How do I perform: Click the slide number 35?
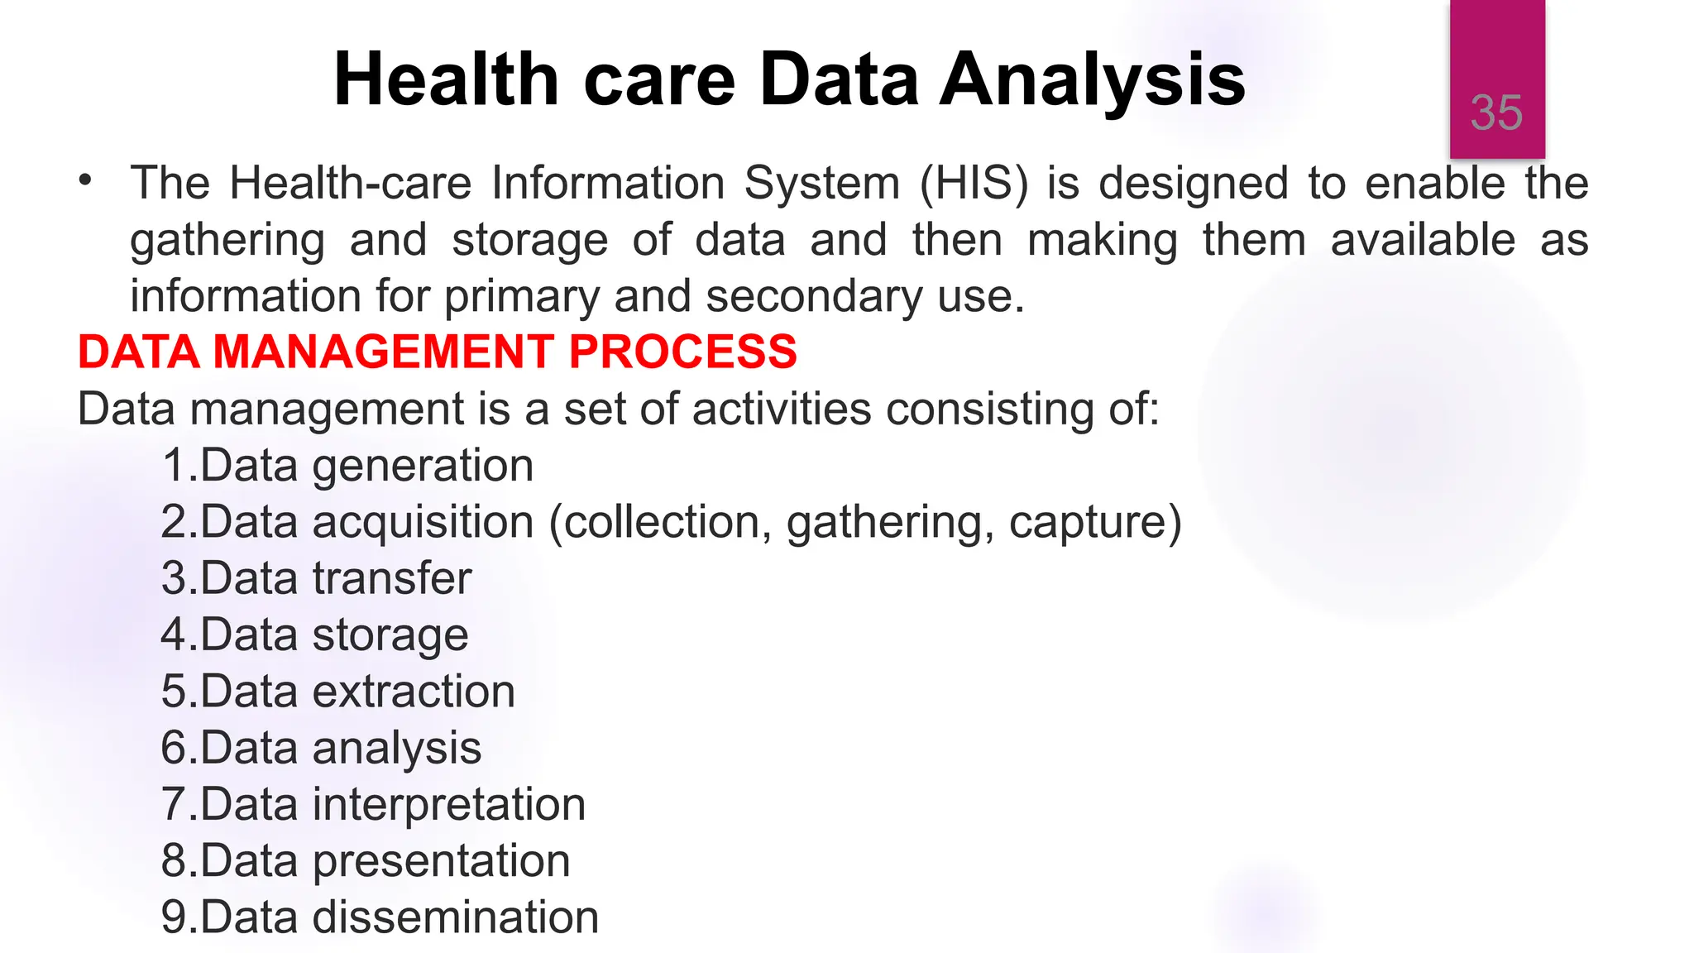[x=1496, y=113]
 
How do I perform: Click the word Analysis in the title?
[x=1093, y=79]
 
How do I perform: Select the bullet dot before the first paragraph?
[x=85, y=180]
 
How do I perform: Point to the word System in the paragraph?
[x=821, y=183]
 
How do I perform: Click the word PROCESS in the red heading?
[x=682, y=352]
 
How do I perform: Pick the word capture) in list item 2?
[x=1095, y=523]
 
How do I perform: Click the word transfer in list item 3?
[x=391, y=578]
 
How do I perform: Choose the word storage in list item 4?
[x=390, y=635]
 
